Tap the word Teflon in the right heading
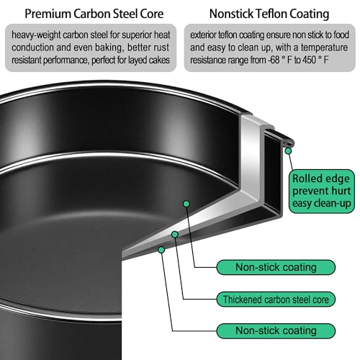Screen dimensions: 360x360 (x=271, y=14)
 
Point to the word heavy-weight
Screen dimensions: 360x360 (x=36, y=35)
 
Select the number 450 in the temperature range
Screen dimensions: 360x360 (x=309, y=60)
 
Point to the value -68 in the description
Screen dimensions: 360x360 (x=274, y=60)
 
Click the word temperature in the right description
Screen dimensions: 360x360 (x=324, y=48)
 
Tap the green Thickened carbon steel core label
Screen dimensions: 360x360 (x=276, y=300)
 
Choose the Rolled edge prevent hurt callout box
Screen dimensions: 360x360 (x=321, y=192)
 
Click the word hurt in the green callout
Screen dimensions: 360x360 (x=341, y=191)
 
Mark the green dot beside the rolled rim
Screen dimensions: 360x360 (x=288, y=151)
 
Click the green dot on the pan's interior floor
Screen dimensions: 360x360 (x=186, y=204)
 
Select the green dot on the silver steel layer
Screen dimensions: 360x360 (x=175, y=235)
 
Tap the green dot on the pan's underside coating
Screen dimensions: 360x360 (x=161, y=250)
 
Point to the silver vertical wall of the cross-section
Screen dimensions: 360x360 (x=250, y=156)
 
